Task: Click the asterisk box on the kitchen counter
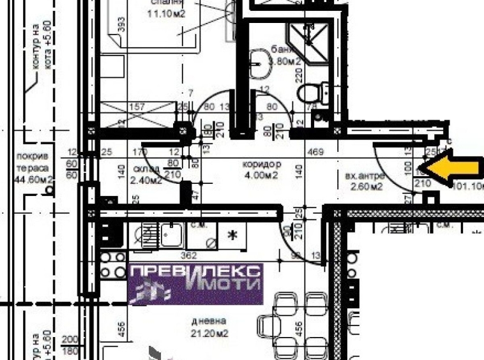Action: [x=233, y=236]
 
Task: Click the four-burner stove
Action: [x=114, y=266]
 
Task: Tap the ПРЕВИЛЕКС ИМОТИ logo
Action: [x=195, y=283]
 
